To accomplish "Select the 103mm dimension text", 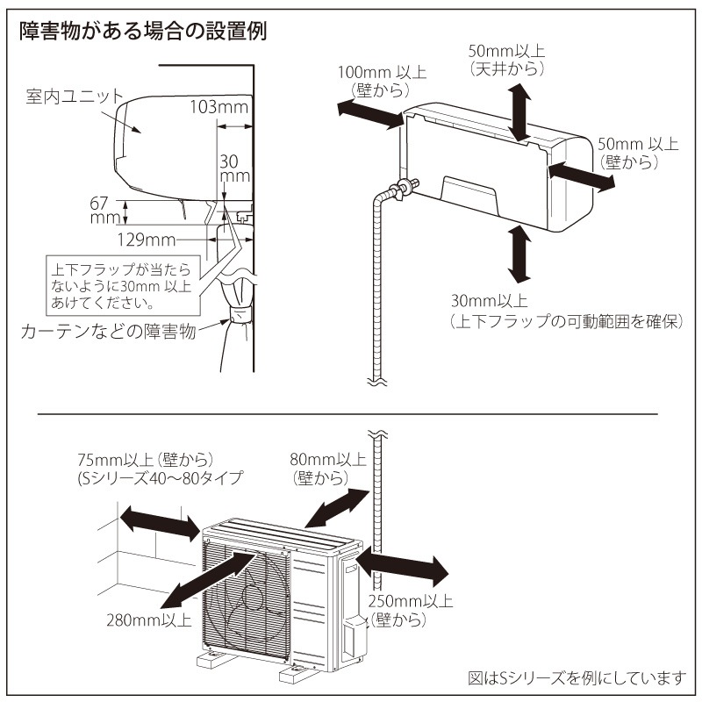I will pyautogui.click(x=218, y=108).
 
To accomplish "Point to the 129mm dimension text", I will pyautogui.click(x=143, y=237).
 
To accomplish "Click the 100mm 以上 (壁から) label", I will pyautogui.click(x=378, y=82).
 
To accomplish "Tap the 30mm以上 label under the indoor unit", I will pyautogui.click(x=562, y=312).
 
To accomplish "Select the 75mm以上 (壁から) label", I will pyautogui.click(x=147, y=469).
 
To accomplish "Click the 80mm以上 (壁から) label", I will pyautogui.click(x=326, y=468).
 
